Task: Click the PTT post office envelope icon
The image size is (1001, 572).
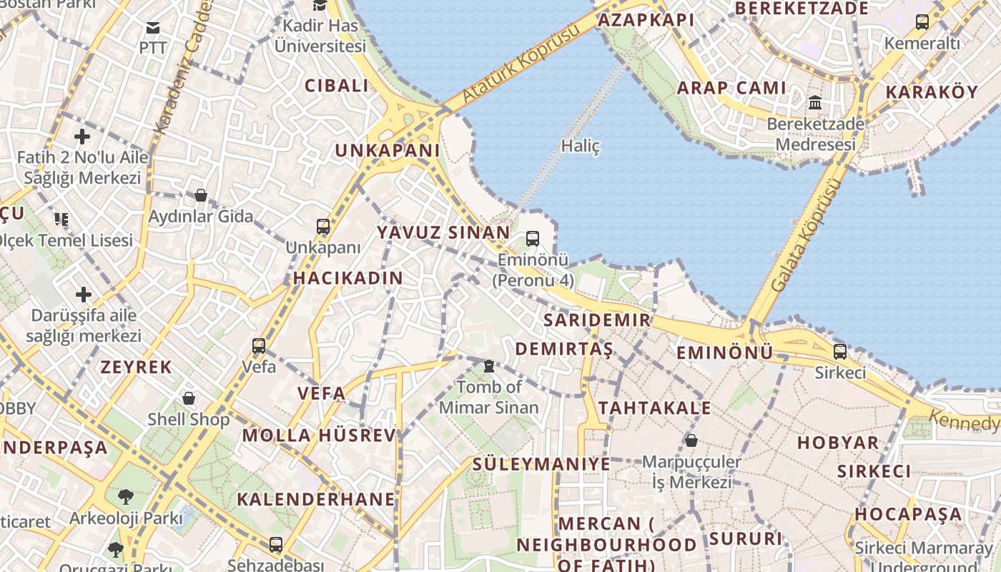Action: point(153,28)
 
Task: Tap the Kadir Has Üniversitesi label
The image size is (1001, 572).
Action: point(320,36)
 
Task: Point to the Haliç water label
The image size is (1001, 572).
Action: point(580,147)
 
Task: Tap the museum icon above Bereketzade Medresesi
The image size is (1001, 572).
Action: point(815,103)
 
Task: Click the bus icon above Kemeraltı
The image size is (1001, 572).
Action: point(922,22)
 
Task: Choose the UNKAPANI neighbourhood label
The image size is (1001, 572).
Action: point(388,151)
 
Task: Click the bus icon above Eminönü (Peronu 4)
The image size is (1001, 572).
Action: point(533,239)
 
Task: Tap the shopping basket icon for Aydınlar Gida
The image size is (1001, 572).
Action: point(201,195)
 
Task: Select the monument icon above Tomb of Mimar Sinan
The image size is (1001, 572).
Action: point(489,366)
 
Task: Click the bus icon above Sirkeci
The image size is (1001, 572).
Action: point(840,352)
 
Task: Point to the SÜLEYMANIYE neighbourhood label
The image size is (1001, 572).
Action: point(541,464)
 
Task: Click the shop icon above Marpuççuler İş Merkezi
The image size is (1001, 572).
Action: point(691,440)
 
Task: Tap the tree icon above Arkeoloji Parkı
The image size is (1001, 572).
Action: point(126,495)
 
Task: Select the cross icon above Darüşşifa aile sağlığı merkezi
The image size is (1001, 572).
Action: point(84,294)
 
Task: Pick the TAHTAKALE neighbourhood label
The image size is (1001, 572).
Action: point(654,408)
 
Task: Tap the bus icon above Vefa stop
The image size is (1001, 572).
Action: point(259,346)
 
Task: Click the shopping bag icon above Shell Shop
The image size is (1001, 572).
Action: point(189,398)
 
